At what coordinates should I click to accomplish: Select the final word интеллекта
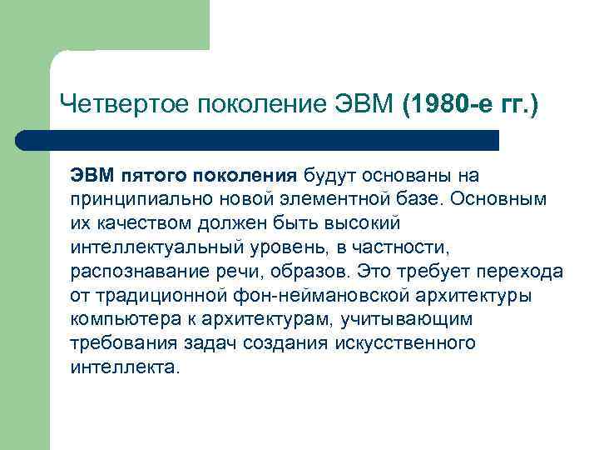point(125,367)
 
